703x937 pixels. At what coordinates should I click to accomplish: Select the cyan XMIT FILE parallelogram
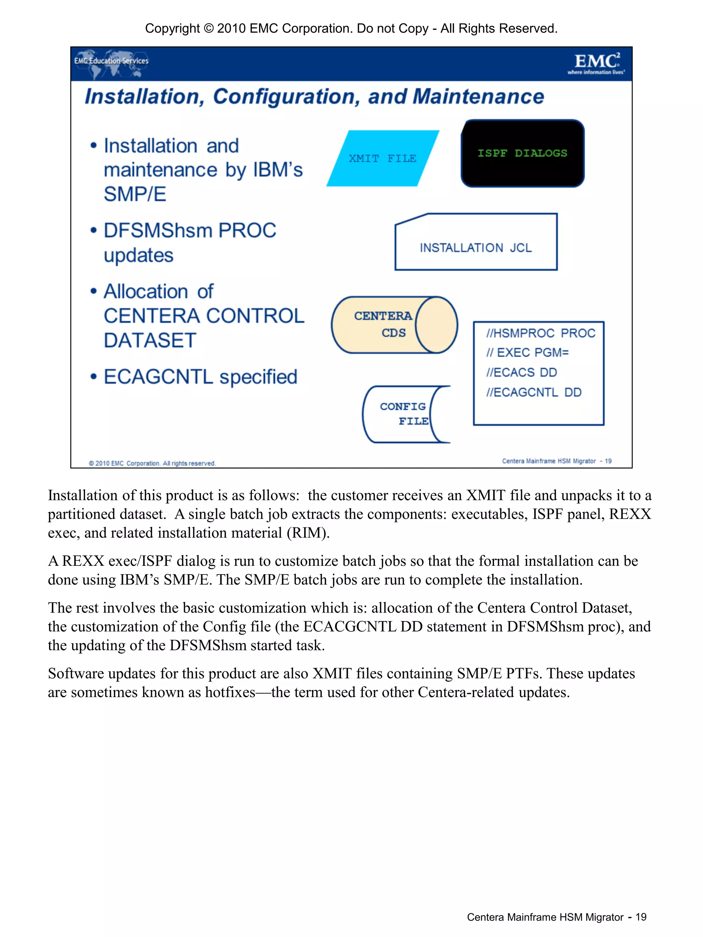382,158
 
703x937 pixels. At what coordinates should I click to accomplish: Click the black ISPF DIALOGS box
522,153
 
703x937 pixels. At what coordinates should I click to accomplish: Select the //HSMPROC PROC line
540,333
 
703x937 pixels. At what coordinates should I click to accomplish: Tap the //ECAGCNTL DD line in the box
534,392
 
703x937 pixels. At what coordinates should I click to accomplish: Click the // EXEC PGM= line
527,352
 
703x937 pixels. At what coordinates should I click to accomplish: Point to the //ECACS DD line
521,372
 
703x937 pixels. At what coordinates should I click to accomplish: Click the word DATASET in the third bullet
150,341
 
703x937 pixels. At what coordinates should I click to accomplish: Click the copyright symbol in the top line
208,28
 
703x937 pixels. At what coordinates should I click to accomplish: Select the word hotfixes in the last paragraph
230,692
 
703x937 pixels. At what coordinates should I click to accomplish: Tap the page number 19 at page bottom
641,917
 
